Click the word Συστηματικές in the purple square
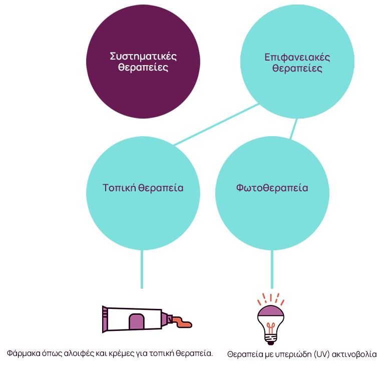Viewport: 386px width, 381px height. coord(143,56)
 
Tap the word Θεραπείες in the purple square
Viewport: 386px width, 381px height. coord(143,68)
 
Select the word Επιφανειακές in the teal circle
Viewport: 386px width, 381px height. coord(297,57)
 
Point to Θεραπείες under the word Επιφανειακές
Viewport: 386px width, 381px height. coord(297,69)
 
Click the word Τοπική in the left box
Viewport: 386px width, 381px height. coord(119,188)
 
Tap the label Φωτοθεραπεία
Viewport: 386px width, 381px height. coord(272,188)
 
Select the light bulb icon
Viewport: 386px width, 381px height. coord(271,320)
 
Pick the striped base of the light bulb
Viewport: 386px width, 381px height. coord(271,339)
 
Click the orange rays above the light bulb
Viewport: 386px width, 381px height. coord(271,299)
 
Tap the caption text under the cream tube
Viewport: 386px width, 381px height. coord(110,353)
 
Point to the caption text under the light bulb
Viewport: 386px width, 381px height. coord(301,354)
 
